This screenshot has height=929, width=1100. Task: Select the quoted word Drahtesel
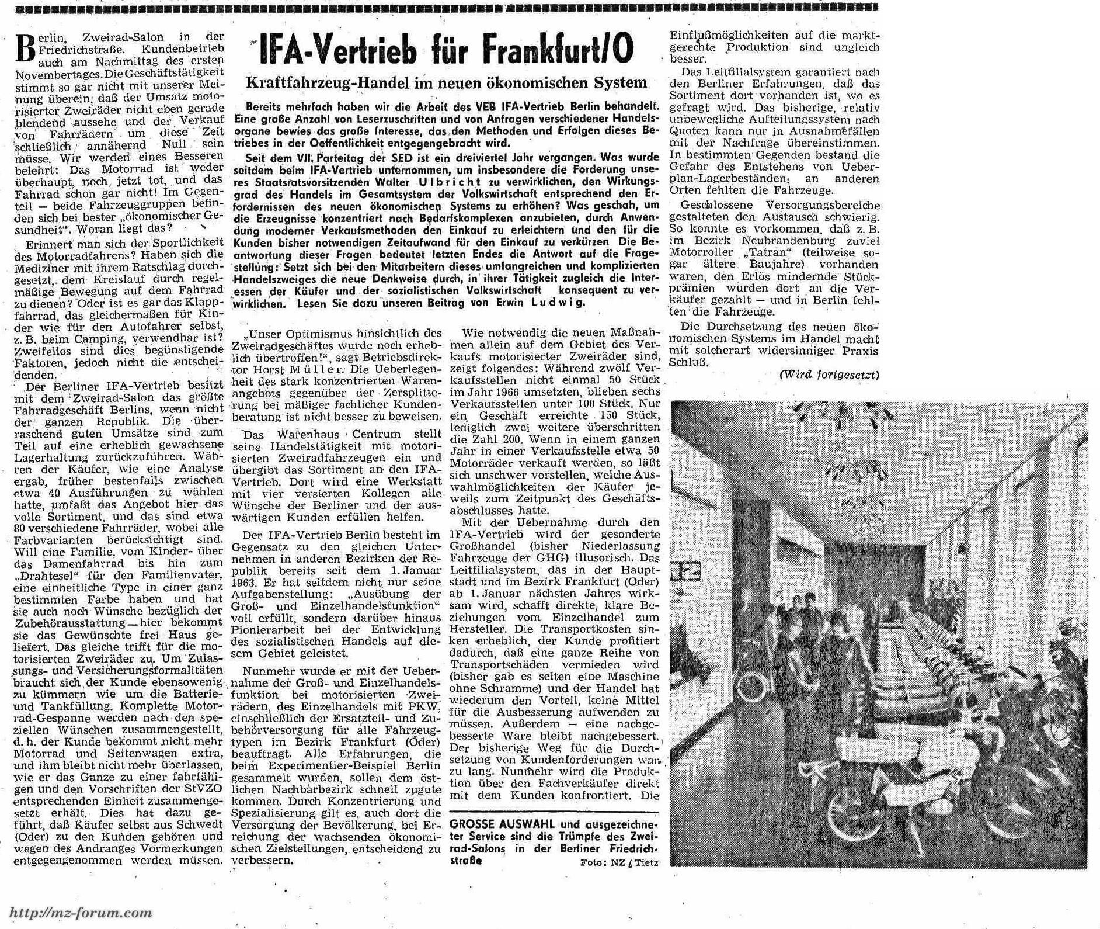tap(40, 575)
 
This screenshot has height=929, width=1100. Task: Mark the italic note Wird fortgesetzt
tap(829, 375)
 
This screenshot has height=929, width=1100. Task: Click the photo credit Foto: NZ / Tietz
tap(619, 862)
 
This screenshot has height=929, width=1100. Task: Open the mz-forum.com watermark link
tap(82, 913)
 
